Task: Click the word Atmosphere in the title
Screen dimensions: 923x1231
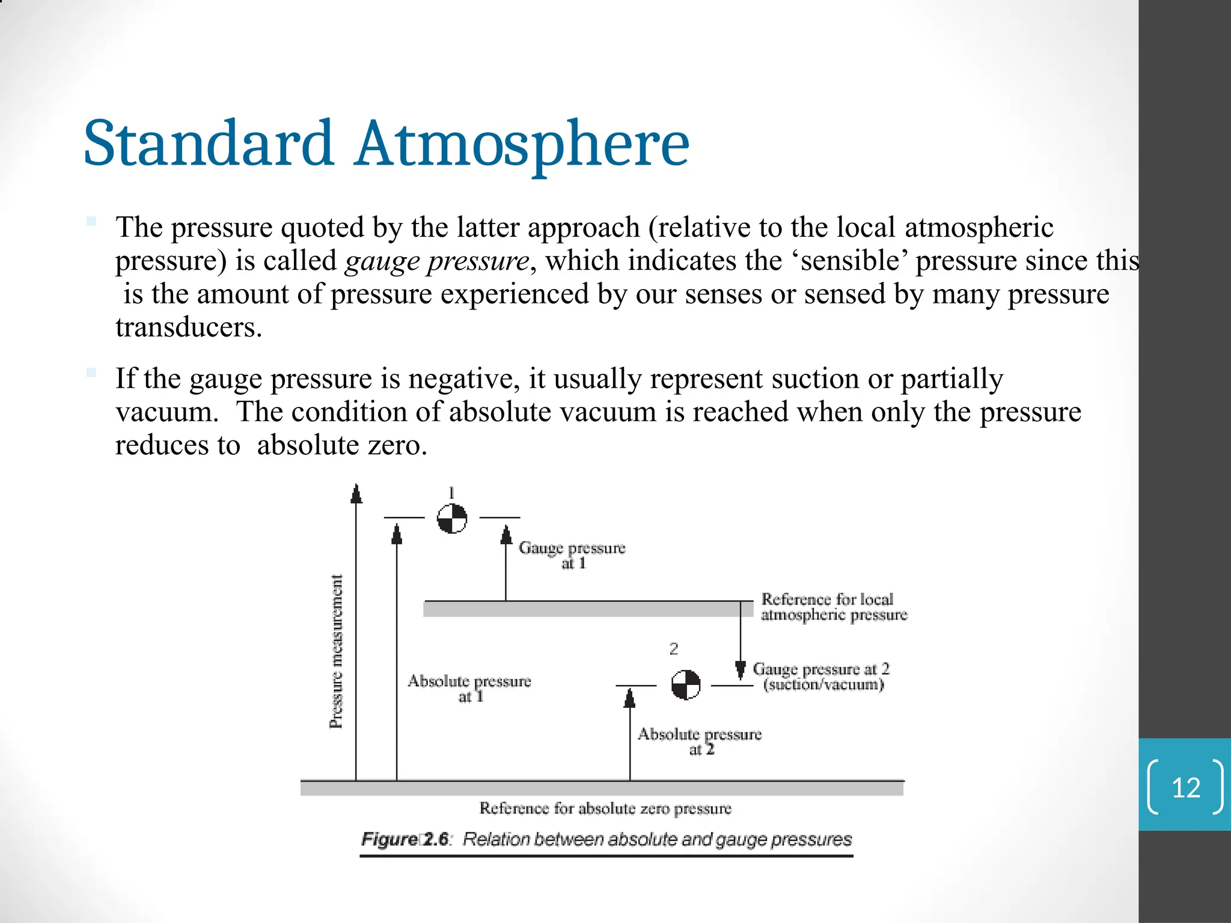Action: point(522,144)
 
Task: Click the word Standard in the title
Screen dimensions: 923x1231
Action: point(208,144)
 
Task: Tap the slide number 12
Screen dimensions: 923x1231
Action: point(1185,788)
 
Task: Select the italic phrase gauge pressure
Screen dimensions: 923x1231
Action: point(436,261)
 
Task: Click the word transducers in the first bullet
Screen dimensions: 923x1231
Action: point(189,327)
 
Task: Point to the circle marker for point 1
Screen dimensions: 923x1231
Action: point(451,518)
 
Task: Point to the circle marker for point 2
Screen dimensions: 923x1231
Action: point(685,684)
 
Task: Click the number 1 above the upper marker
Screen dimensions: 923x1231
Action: point(451,493)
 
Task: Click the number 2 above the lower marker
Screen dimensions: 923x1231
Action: point(673,649)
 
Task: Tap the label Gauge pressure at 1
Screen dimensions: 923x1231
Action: point(572,555)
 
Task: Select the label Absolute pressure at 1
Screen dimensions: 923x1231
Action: point(469,689)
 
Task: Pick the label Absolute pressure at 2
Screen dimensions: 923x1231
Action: point(699,742)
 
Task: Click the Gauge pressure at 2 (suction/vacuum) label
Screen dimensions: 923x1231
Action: point(821,677)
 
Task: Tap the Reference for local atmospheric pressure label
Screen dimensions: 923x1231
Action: point(833,607)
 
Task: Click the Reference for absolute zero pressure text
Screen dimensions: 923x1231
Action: point(605,808)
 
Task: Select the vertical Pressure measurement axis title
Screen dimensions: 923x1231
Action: point(337,651)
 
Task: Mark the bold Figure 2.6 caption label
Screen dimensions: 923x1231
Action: point(405,839)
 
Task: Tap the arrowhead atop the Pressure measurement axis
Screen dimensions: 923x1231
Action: point(356,493)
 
